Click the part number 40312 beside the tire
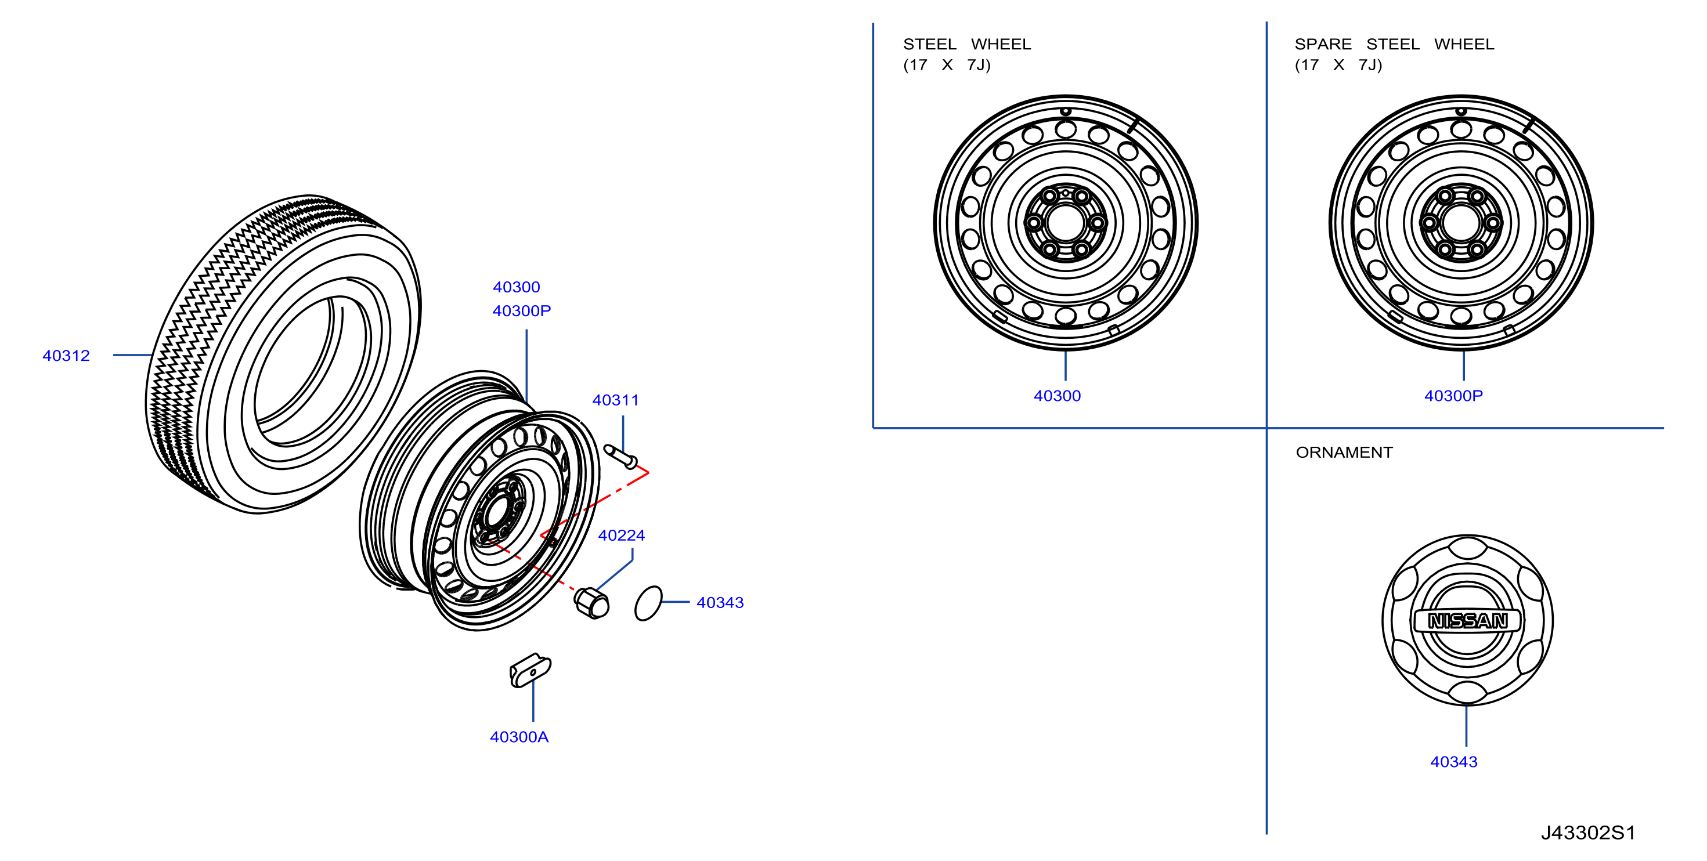point(66,356)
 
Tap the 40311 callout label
point(616,400)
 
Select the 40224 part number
point(622,535)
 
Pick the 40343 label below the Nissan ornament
point(1454,762)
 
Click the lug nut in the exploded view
point(591,603)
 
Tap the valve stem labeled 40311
point(621,457)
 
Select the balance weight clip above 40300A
point(530,670)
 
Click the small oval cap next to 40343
point(648,603)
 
